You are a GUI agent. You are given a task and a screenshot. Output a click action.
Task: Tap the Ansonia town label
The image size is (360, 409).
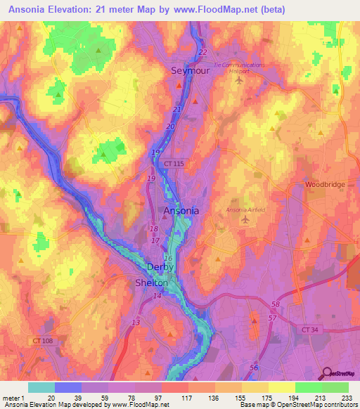[x=181, y=210]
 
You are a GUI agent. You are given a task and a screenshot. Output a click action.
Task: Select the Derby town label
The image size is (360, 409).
[x=160, y=268]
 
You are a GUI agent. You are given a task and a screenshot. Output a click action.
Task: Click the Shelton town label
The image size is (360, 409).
[x=151, y=283]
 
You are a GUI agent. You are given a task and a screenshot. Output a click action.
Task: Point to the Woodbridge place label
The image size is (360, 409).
[x=325, y=184]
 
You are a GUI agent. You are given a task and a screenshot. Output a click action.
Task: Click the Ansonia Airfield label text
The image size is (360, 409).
[x=246, y=210]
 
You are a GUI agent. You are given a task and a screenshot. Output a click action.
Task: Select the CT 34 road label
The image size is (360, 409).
[x=319, y=328]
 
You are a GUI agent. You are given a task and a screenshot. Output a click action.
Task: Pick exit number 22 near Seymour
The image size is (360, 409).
[x=203, y=53]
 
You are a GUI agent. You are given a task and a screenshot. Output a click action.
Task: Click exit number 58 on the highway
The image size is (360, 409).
[x=276, y=304]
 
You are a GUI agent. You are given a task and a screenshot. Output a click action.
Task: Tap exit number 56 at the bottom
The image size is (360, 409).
[x=253, y=368]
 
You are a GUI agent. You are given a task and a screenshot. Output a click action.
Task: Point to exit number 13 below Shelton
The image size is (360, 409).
[x=135, y=322]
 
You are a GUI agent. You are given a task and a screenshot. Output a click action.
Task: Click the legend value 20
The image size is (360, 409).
[x=51, y=397]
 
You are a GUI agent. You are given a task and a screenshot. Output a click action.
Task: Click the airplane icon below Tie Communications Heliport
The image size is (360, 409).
[x=239, y=79]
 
